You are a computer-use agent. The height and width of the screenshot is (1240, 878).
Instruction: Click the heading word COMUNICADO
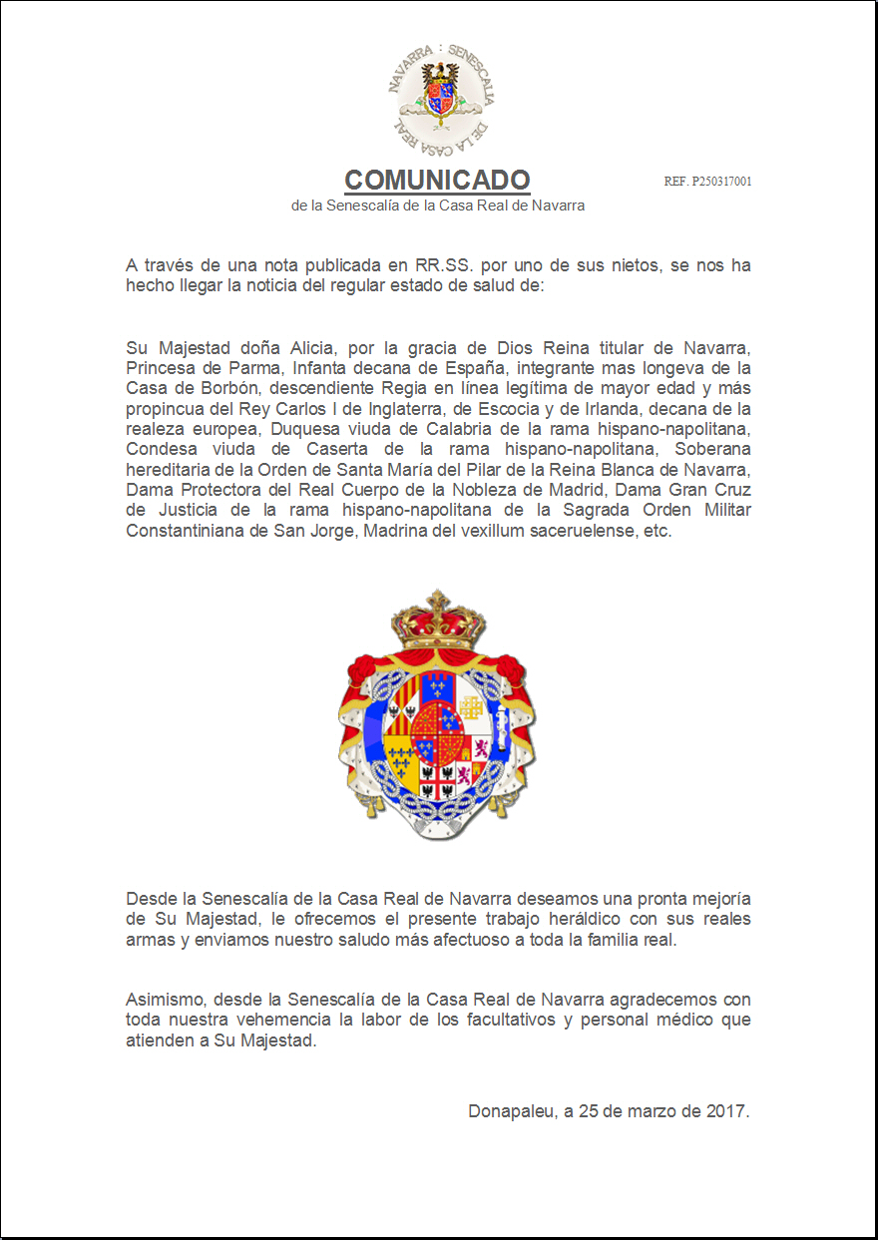tap(437, 181)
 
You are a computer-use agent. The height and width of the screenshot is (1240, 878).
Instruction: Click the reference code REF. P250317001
tap(707, 182)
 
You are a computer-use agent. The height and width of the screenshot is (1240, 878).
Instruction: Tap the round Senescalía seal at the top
tap(438, 97)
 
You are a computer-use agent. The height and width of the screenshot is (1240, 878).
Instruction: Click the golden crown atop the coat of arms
tap(438, 619)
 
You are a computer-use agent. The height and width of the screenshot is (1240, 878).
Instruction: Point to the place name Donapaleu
tap(512, 1111)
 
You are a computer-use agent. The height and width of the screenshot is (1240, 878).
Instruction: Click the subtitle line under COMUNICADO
tap(437, 206)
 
